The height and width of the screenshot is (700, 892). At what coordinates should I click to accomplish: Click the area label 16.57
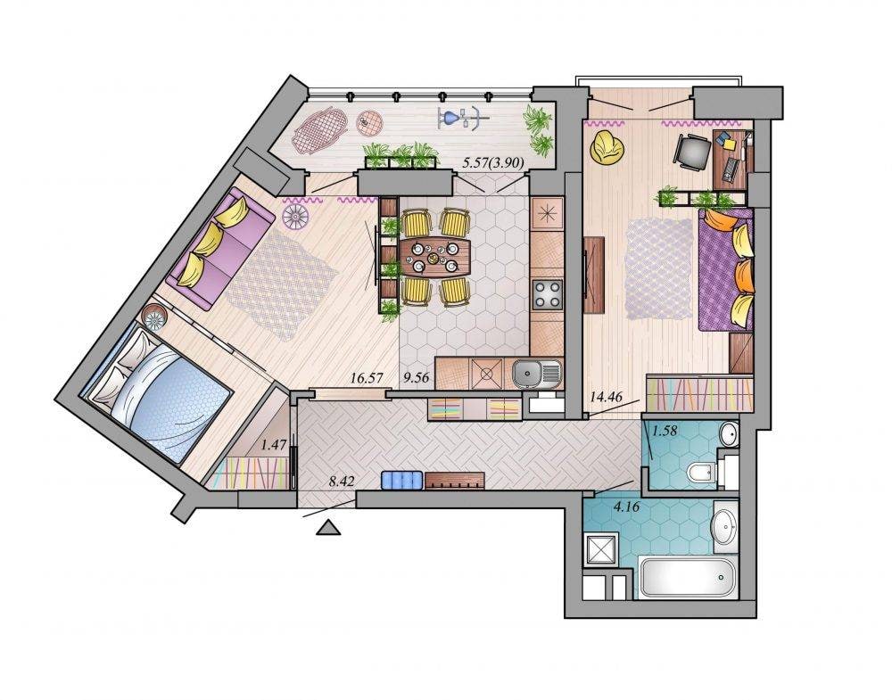click(x=367, y=377)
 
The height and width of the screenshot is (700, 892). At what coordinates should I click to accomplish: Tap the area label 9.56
click(x=416, y=377)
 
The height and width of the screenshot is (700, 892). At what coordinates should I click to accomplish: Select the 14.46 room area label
click(x=606, y=397)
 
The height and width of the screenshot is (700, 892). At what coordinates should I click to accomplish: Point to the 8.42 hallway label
click(x=342, y=482)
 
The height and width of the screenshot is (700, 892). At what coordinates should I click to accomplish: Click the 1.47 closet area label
click(x=273, y=445)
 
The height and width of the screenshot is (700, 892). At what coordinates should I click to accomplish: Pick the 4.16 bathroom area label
click(x=626, y=506)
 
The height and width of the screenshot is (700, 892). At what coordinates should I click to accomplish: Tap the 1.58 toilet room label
click(x=665, y=431)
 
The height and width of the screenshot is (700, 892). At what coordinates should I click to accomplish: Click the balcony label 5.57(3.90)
click(x=493, y=162)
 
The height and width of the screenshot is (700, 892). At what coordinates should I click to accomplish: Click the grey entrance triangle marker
click(x=328, y=528)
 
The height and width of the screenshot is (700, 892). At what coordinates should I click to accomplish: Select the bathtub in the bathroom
click(x=689, y=577)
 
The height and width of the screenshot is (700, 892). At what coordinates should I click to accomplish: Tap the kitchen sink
click(x=536, y=374)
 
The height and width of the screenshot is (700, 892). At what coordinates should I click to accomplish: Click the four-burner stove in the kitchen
click(x=547, y=294)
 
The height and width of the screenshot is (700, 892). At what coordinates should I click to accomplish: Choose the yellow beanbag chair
click(x=607, y=147)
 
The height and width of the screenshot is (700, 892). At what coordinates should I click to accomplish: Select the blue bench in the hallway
click(x=401, y=480)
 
